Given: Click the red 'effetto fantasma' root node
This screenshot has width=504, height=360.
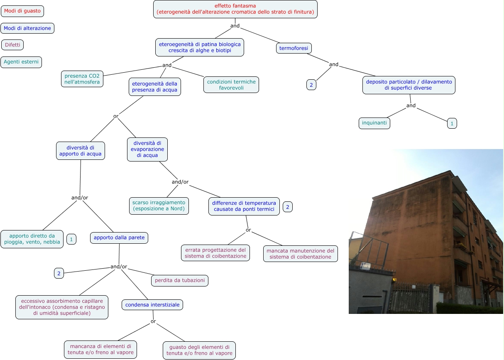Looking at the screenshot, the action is (235, 9).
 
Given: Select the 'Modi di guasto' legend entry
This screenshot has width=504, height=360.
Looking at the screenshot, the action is (22, 11).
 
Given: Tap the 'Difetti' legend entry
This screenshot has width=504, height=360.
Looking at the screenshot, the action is (12, 45).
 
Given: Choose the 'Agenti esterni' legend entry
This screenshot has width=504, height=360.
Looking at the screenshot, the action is (21, 62).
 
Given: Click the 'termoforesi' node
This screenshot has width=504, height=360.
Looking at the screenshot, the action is (294, 48).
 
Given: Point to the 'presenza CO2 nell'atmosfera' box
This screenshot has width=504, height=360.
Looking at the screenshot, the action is (82, 79).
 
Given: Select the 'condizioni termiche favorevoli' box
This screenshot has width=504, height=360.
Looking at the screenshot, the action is (231, 85).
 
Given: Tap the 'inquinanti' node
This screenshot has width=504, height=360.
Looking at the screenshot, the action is (374, 123).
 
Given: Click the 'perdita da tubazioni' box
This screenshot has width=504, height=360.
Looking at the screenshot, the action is (179, 281).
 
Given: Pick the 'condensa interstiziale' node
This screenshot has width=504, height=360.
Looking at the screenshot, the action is (152, 305).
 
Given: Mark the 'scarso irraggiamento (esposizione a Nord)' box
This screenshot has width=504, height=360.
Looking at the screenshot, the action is (159, 206).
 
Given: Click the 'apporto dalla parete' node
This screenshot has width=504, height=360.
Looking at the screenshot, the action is (119, 238).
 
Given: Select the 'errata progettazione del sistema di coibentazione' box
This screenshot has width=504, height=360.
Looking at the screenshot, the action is (215, 253).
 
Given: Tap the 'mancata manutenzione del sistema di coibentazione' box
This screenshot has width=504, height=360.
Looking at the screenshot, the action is (300, 254).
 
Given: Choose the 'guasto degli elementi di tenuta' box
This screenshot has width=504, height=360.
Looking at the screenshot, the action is (199, 350).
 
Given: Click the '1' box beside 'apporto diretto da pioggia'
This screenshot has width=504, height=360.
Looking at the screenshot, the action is (71, 239).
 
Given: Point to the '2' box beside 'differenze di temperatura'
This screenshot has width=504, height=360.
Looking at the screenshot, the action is (287, 206).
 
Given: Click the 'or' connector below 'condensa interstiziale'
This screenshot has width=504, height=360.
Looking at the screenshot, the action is (153, 321).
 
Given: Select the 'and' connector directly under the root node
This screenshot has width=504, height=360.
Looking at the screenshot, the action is (235, 26).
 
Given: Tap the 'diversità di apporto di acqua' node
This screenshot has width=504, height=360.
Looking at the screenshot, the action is (80, 151).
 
